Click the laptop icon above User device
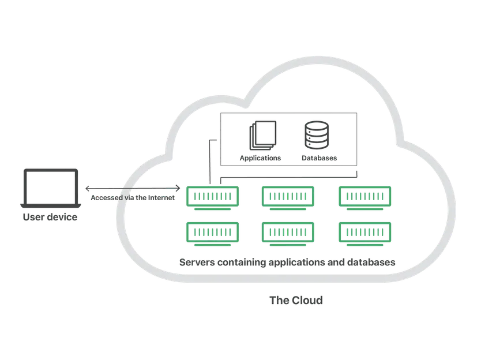(x=51, y=188)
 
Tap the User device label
(x=50, y=217)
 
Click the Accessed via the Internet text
(x=133, y=198)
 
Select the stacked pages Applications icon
(x=262, y=135)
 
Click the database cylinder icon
(x=317, y=135)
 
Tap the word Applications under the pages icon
(x=260, y=158)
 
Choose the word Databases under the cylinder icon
(x=319, y=158)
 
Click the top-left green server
(x=212, y=198)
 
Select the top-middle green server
(x=288, y=198)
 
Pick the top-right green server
(x=365, y=198)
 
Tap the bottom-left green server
(x=212, y=234)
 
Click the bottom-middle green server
(x=288, y=234)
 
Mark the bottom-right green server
(x=365, y=234)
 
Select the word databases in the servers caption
(x=371, y=262)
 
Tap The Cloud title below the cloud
(x=296, y=300)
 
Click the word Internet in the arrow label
(x=161, y=198)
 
